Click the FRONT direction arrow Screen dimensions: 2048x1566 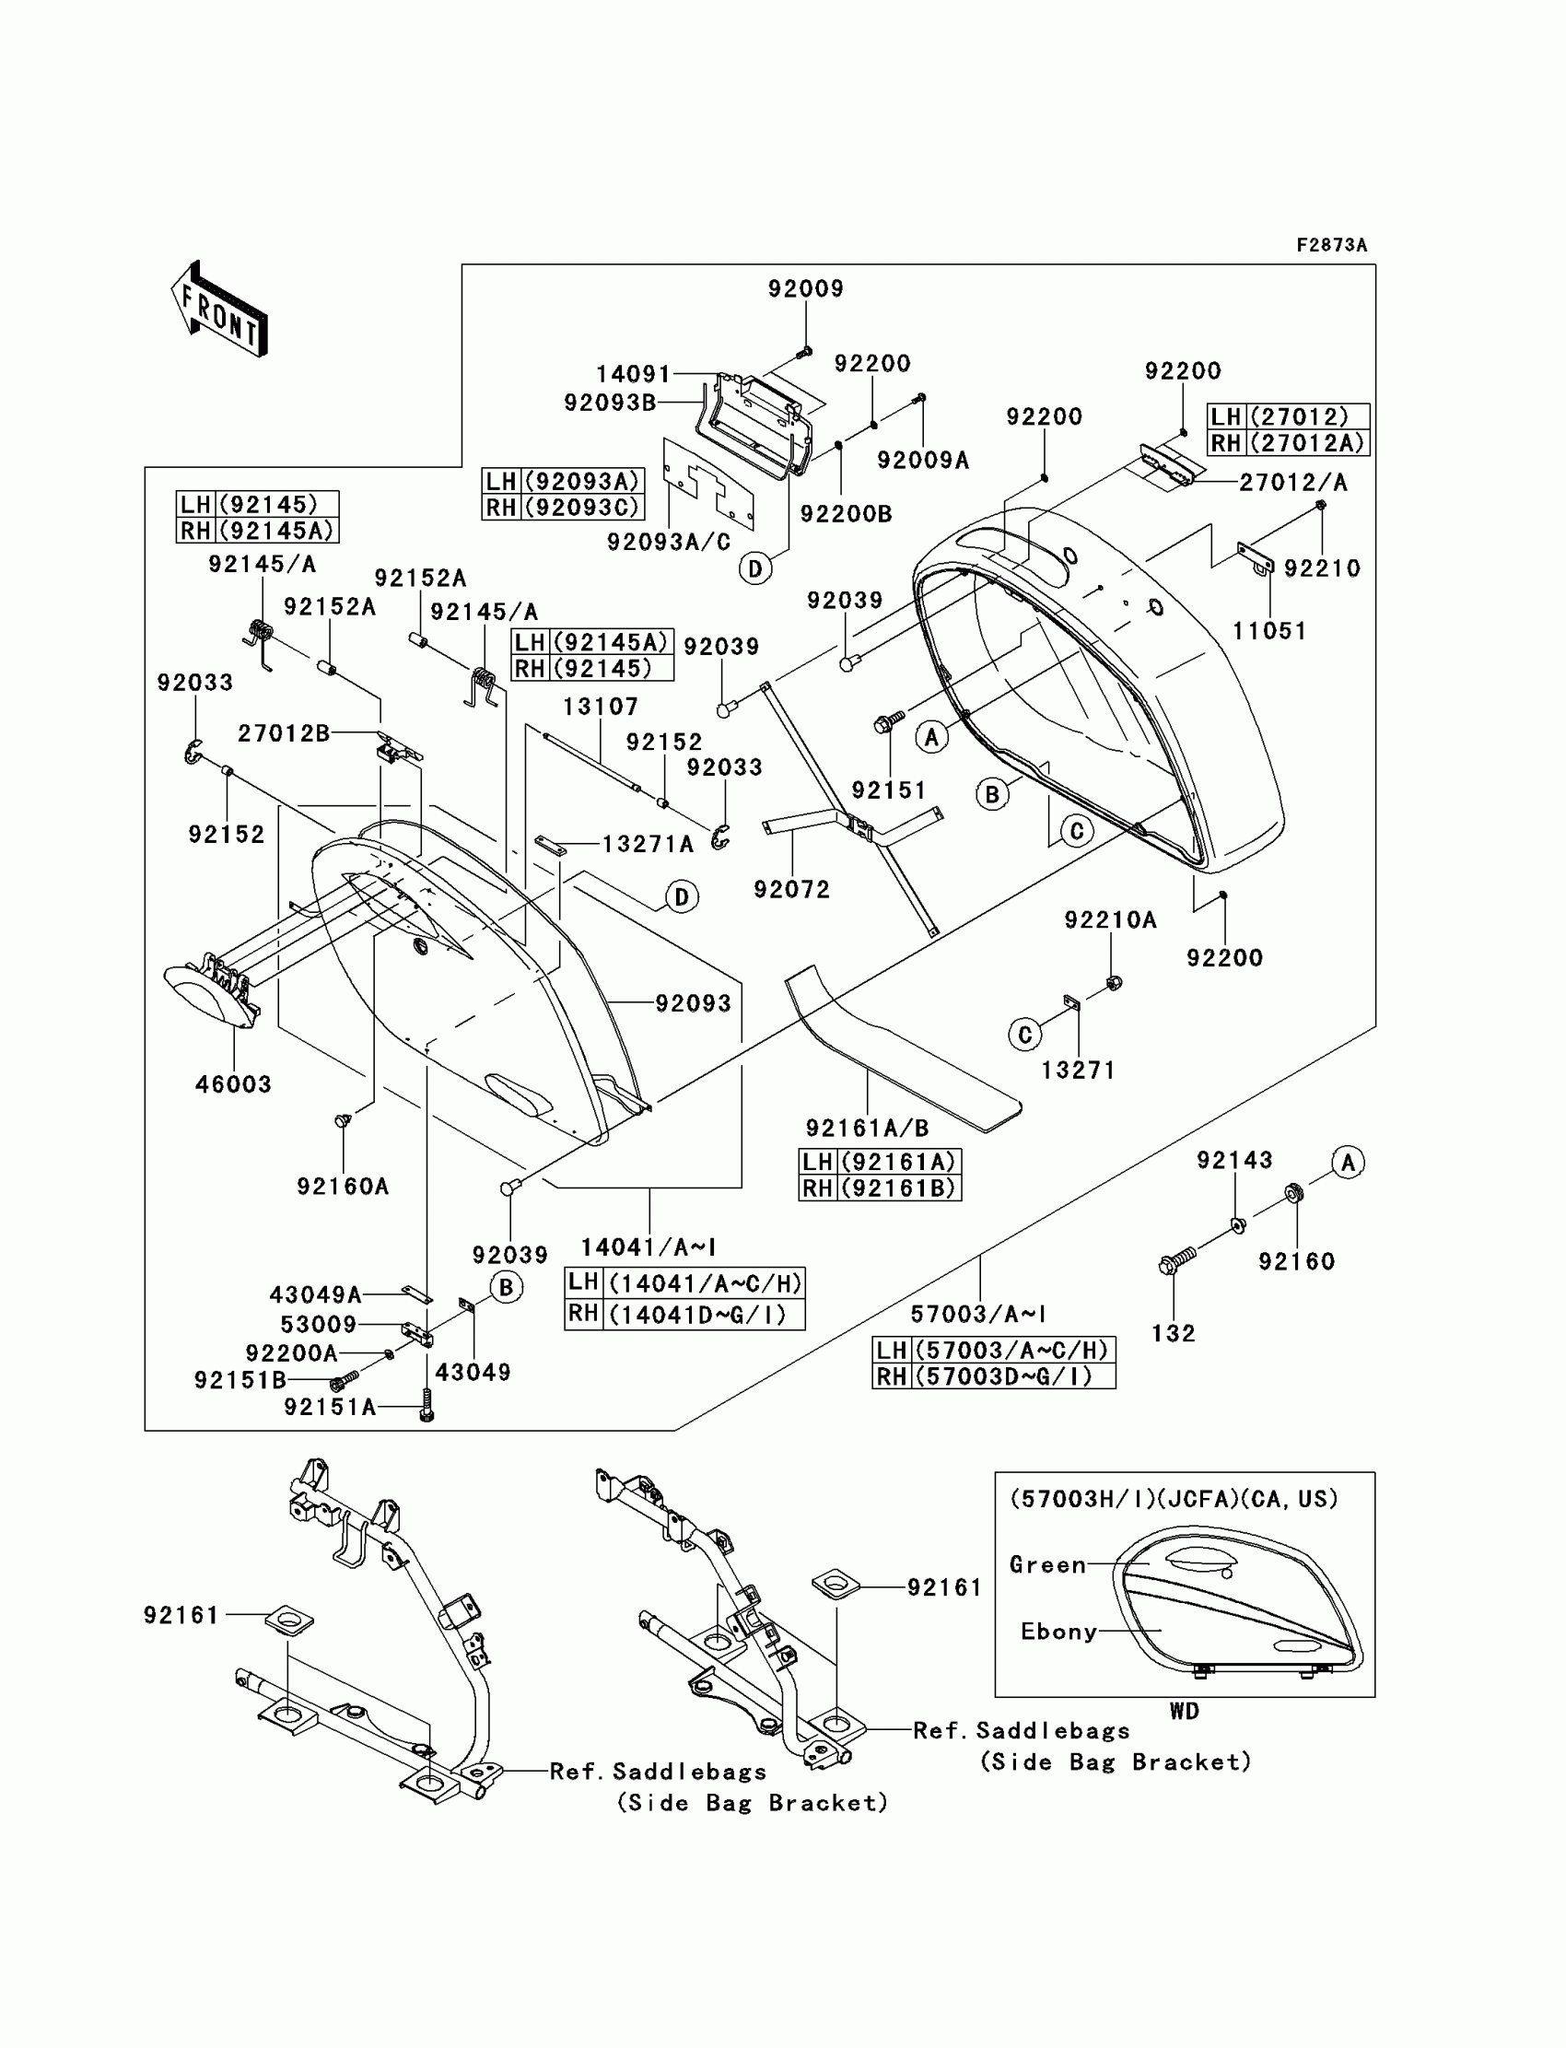[220, 309]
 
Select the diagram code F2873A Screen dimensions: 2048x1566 [1331, 245]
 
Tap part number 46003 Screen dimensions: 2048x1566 [233, 1084]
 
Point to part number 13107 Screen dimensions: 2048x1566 [601, 707]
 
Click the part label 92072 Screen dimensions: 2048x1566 [791, 889]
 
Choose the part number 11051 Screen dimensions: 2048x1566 [1268, 631]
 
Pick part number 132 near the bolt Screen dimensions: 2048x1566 [1173, 1334]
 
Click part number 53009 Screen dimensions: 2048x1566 [319, 1325]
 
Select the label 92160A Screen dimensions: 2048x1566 [342, 1187]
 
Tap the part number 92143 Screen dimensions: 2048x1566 [1234, 1160]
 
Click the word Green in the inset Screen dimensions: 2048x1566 [1047, 1565]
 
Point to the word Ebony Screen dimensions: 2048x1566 [1059, 1632]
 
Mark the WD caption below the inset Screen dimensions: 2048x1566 [1184, 1712]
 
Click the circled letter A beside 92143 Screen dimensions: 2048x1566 [1348, 1163]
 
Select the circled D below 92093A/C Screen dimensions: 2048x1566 [755, 568]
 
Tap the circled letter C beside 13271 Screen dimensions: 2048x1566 [1024, 1034]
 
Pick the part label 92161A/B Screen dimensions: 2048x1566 [867, 1129]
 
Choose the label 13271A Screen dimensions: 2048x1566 [648, 845]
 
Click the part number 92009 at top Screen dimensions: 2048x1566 [805, 289]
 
